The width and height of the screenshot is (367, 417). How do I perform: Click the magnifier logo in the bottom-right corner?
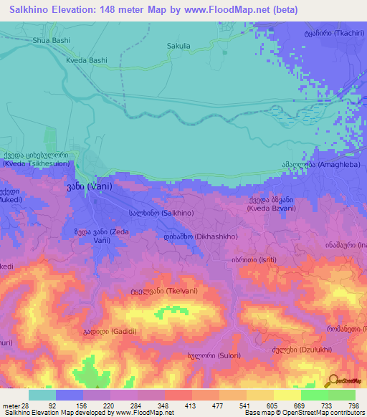tap(333, 380)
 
